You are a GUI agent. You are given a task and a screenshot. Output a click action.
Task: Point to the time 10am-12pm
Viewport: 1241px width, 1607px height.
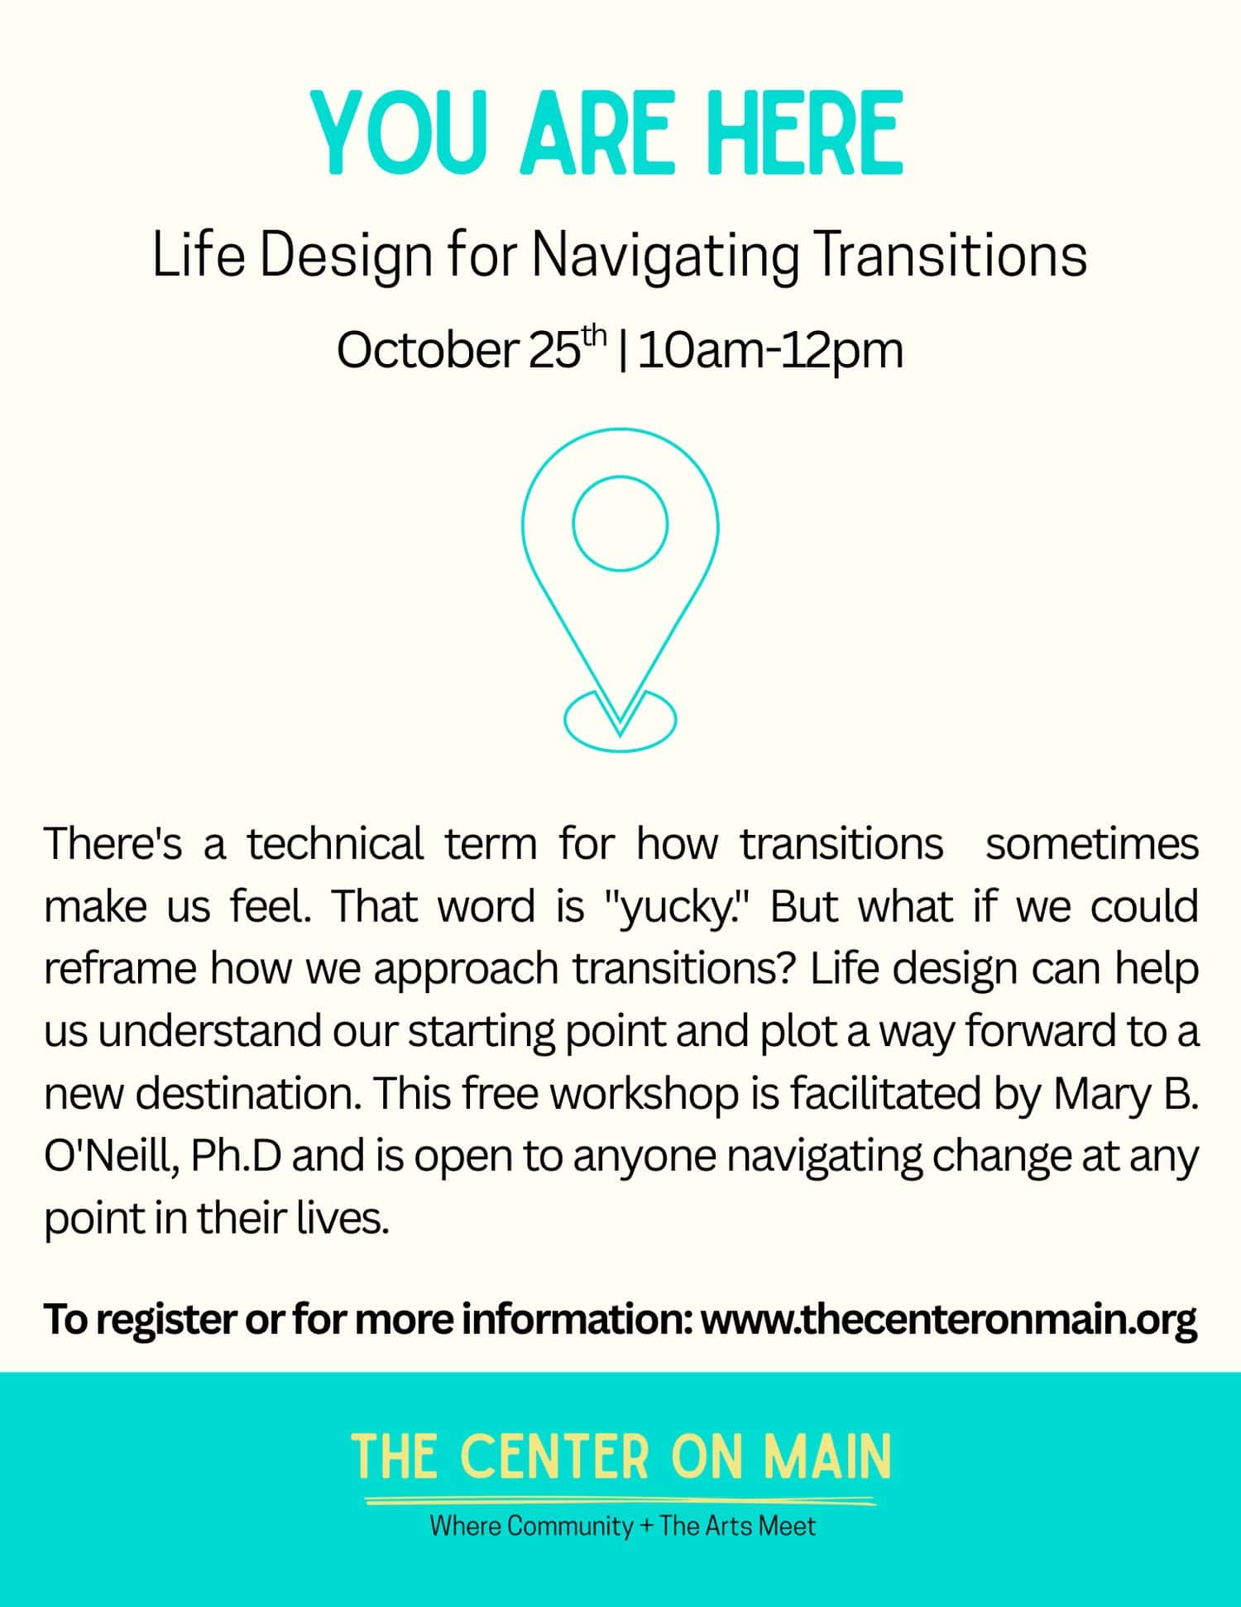770,350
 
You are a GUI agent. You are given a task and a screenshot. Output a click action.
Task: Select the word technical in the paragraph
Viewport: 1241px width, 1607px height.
335,844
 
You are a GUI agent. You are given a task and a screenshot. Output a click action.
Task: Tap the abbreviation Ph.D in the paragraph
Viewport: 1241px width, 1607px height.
235,1156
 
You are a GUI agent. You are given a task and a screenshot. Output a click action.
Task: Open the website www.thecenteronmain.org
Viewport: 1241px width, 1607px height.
949,1319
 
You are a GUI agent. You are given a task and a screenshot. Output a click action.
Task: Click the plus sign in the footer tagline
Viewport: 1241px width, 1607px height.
646,1527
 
